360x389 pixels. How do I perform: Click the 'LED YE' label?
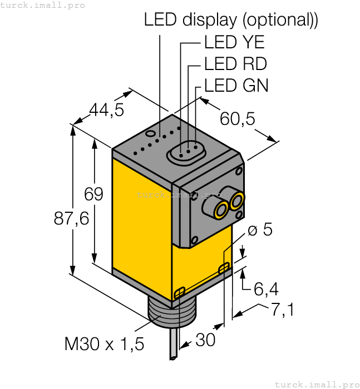[x=234, y=42]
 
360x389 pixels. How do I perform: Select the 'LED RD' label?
[x=235, y=64]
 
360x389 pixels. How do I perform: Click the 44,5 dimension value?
[x=107, y=110]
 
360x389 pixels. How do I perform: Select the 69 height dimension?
[x=93, y=194]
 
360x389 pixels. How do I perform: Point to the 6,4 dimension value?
[x=266, y=289]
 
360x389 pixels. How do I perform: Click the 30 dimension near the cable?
[x=205, y=340]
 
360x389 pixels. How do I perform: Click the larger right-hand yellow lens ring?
[x=237, y=201]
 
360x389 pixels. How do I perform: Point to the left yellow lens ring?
[x=220, y=210]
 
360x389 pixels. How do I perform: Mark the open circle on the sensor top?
[x=150, y=134]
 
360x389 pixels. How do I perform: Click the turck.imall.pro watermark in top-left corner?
[x=43, y=5]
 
